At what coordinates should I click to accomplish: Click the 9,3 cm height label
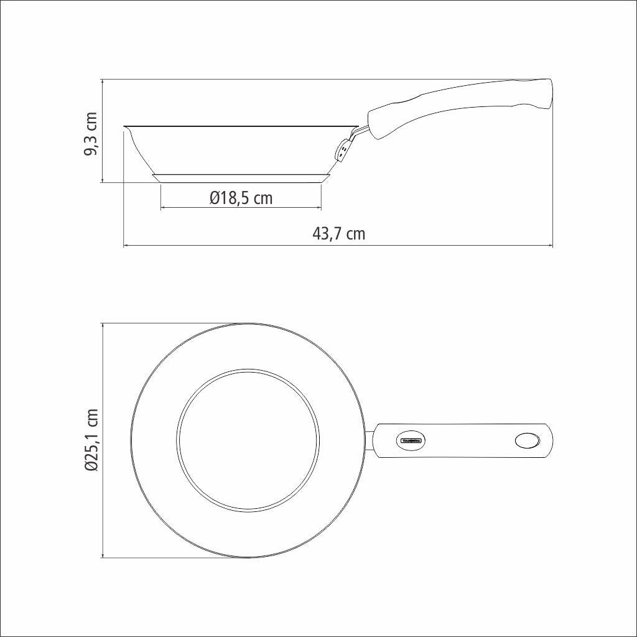[91, 134]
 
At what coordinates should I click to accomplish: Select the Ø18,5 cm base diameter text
[241, 198]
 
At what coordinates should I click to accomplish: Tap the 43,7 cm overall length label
[338, 235]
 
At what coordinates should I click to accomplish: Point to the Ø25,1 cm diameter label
[91, 440]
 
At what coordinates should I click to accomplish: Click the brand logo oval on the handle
[410, 440]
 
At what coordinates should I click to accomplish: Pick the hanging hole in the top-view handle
[528, 440]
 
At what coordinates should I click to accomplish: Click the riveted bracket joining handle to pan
[344, 149]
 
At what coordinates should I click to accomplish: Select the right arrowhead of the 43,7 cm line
[551, 246]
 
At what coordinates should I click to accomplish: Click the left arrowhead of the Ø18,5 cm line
[163, 207]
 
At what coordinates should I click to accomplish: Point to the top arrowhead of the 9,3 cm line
[102, 81]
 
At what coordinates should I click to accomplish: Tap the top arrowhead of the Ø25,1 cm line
[102, 325]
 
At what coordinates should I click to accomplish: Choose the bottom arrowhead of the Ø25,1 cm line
[102, 556]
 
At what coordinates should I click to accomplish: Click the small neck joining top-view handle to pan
[370, 440]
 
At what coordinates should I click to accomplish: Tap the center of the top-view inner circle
[248, 440]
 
